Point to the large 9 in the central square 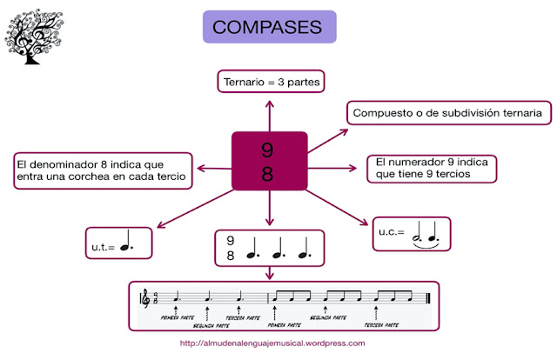pos(267,150)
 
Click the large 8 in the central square pos(267,174)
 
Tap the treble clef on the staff pos(145,298)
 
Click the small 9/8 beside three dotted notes pos(231,248)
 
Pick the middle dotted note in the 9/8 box pos(277,252)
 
